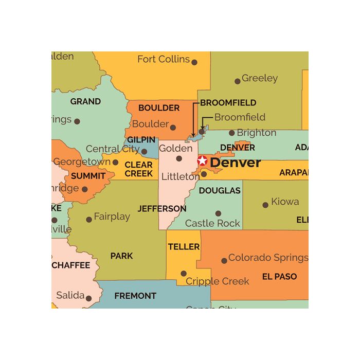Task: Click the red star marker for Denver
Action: (202, 161)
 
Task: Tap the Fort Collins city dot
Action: (194, 62)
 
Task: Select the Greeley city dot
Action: (237, 81)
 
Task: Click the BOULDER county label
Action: (159, 108)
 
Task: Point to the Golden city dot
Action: (179, 158)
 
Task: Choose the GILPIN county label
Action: (141, 140)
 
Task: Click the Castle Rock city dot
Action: (218, 213)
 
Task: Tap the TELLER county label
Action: (184, 247)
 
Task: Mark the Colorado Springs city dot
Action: (224, 261)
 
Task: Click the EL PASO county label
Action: (279, 277)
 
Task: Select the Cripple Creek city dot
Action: (184, 274)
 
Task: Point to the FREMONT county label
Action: (135, 296)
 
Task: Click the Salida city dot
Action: (88, 298)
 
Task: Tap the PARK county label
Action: (121, 256)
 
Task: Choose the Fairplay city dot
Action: (89, 220)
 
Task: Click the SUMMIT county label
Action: (88, 176)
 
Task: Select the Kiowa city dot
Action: (265, 205)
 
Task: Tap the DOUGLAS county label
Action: (220, 190)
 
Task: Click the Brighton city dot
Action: (232, 133)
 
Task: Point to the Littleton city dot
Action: (204, 174)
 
